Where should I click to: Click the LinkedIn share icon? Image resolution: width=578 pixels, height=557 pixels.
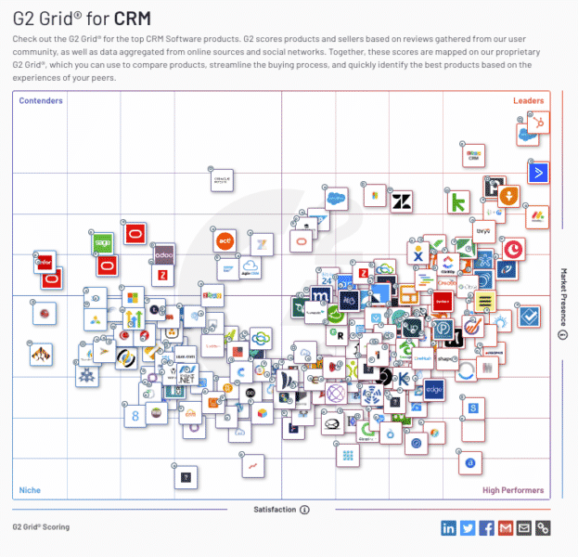(449, 528)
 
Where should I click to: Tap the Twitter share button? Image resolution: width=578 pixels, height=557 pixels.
(468, 528)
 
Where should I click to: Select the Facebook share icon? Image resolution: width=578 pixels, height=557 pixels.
(486, 528)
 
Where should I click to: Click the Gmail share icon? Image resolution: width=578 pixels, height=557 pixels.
(505, 528)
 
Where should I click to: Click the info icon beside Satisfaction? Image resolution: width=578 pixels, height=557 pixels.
(304, 510)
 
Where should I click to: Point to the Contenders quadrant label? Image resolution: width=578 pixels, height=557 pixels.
(41, 100)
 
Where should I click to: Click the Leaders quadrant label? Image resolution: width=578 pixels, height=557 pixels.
(529, 100)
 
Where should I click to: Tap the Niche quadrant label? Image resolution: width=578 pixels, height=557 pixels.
(30, 490)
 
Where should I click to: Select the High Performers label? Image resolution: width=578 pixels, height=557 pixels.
(513, 490)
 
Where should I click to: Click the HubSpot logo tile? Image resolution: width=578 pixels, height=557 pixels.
(534, 122)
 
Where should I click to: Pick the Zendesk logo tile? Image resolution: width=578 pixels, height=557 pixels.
(402, 201)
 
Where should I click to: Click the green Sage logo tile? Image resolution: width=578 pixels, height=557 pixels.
(103, 243)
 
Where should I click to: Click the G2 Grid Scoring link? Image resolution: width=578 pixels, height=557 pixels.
(41, 527)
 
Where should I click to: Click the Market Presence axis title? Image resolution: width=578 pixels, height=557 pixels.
(562, 297)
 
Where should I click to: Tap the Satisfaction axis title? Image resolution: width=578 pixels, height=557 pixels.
(276, 510)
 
